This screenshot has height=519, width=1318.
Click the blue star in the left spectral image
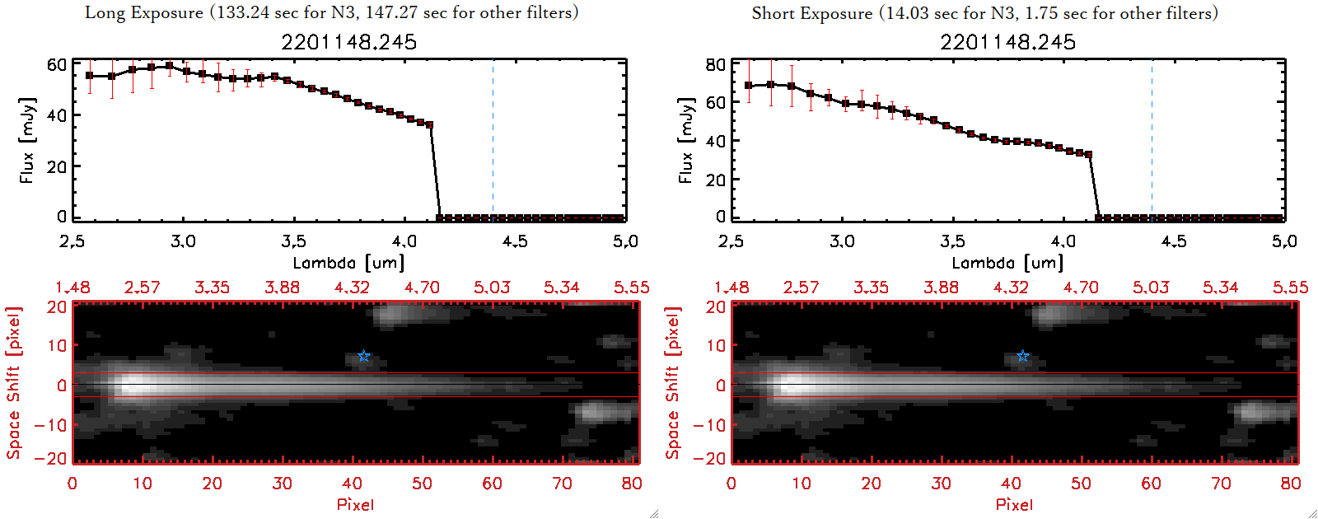[x=363, y=356]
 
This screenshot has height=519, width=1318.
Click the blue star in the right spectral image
[x=1022, y=356]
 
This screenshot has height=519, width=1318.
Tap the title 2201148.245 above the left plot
[x=348, y=42]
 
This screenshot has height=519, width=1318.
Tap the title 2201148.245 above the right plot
[x=1007, y=42]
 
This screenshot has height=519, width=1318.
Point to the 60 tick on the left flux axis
[x=57, y=64]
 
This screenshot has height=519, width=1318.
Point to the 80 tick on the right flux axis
[x=716, y=64]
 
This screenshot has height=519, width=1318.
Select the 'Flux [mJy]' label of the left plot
[x=27, y=140]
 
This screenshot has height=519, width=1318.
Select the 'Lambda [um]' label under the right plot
[x=1007, y=263]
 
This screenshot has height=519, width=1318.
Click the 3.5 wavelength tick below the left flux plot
[x=293, y=241]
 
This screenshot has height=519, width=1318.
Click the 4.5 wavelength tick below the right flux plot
[x=1174, y=241]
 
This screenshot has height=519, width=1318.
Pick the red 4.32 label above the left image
[x=352, y=288]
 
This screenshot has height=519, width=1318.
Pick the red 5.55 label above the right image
[x=1290, y=288]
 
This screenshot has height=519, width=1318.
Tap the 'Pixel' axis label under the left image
[x=355, y=504]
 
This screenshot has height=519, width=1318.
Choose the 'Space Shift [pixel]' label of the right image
[x=673, y=383]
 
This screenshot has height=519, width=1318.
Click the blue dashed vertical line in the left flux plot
[x=493, y=140]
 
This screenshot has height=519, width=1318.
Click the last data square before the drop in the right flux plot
[x=1089, y=154]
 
